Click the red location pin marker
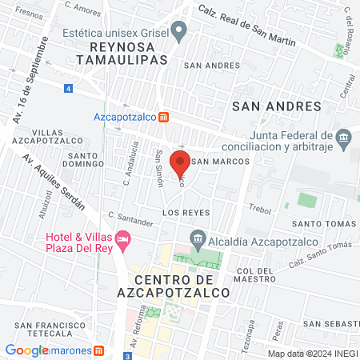point(182,159)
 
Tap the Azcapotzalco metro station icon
point(163,117)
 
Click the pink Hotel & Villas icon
point(122,238)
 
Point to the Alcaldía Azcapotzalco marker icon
point(197,239)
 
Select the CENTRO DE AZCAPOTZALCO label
point(182,286)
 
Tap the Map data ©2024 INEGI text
point(310,353)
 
